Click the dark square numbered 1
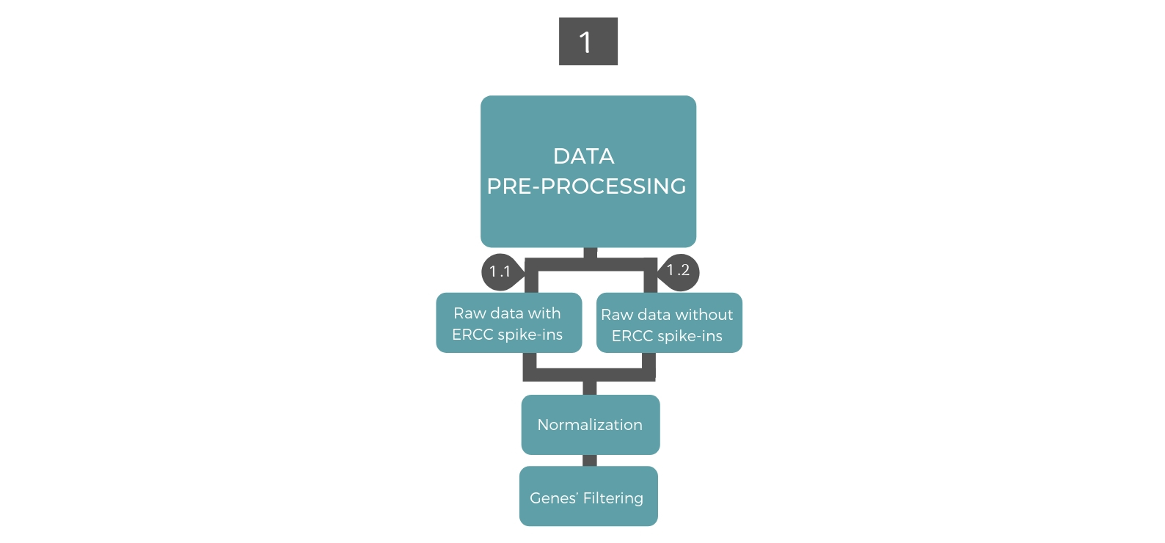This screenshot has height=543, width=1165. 588,42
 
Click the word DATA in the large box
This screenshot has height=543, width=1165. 583,156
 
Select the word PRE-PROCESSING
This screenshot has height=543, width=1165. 586,186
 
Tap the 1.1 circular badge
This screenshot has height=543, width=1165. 500,272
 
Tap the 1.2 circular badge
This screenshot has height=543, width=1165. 679,271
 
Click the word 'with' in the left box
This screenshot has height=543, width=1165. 544,313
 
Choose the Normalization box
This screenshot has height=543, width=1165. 590,425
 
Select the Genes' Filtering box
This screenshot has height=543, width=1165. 588,497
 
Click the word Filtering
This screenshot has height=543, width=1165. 613,498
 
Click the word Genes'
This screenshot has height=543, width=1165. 554,498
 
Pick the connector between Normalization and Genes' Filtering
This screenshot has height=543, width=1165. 590,460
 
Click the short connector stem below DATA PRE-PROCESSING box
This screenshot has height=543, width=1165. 590,253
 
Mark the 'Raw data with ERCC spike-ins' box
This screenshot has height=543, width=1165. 508,324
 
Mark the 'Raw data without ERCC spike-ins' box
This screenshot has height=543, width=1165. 668,324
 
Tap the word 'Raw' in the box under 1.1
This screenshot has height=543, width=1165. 470,313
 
